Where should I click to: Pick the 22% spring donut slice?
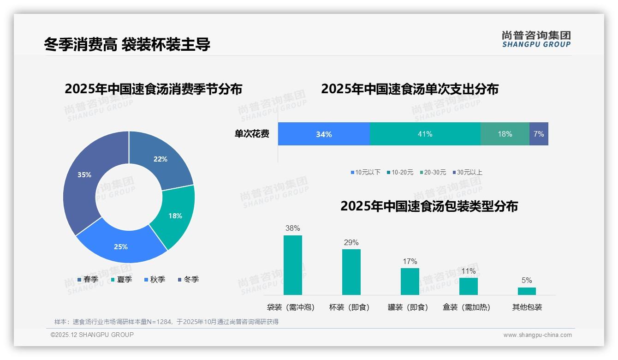[x=161, y=159]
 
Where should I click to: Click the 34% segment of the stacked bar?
[x=324, y=134]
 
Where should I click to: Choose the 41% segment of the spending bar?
[x=425, y=134]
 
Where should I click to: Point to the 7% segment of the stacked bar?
[x=539, y=134]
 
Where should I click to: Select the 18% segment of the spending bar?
[x=505, y=134]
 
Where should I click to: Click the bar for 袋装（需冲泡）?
[x=292, y=265]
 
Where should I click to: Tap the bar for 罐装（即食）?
[x=410, y=281]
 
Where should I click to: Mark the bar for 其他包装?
[x=527, y=291]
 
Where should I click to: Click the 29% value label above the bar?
[x=351, y=243]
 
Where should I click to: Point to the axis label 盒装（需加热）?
[x=466, y=307]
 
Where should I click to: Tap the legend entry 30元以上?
[x=469, y=172]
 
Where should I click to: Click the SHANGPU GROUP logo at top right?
[x=536, y=39]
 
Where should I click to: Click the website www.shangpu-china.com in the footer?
[x=537, y=335]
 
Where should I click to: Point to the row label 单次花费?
[x=252, y=134]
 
